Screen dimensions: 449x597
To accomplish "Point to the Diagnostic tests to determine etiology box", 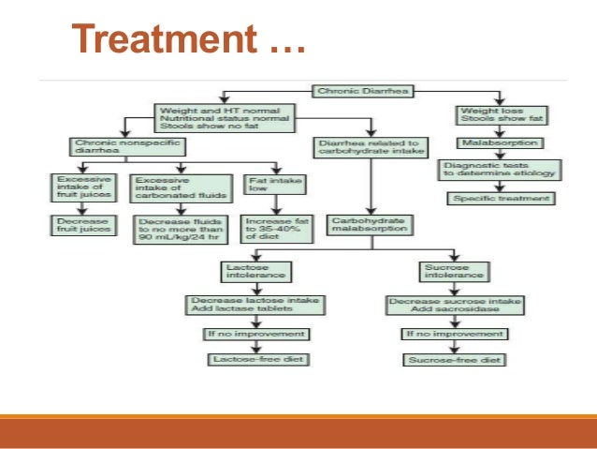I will (498, 169).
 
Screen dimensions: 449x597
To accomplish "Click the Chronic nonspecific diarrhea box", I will (113, 146).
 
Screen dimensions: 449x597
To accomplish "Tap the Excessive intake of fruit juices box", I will (82, 187).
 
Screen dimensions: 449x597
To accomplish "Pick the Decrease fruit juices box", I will (82, 225).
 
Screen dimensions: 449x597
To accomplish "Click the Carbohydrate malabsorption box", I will (368, 225).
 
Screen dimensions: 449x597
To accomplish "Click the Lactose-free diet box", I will (257, 359).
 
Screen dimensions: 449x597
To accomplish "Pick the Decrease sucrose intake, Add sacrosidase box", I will (442, 306).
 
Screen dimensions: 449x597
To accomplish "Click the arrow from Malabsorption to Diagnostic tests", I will (498, 154).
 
